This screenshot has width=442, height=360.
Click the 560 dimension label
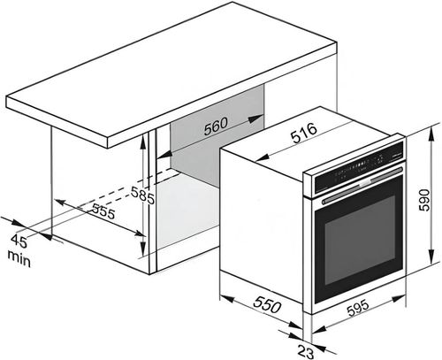(216, 126)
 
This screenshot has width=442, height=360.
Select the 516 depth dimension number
(304, 133)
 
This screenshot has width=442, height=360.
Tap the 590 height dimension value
(424, 200)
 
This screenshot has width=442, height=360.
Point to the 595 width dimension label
(358, 308)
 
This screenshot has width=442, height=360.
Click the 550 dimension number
(267, 304)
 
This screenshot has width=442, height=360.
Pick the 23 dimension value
(306, 352)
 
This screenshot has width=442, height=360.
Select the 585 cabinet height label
(142, 195)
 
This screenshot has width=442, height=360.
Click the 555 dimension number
(103, 211)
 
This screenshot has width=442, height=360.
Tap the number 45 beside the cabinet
(19, 241)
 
